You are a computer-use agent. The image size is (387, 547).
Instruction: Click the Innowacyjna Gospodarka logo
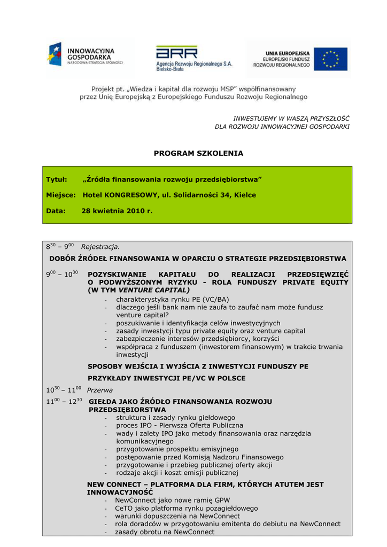pos(86,55)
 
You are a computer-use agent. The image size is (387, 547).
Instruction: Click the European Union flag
pos(330,59)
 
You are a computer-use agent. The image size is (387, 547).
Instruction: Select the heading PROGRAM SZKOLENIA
pos(198,153)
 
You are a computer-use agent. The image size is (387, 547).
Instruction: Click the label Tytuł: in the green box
pos(56,179)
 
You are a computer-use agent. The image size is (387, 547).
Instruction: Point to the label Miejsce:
pos(61,195)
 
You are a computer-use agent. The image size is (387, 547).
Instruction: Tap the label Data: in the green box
pos(56,211)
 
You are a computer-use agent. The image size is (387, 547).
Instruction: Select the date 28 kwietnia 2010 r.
pos(117,211)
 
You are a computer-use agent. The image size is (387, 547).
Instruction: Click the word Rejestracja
pos(100,247)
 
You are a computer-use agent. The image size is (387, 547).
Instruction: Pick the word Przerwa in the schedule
pos(100,390)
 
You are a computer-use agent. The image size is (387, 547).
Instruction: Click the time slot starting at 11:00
pos(64,401)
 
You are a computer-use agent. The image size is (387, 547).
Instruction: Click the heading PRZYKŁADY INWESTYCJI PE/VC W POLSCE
pos(167,378)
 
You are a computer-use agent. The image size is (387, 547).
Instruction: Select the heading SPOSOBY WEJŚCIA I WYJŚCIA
pos(198,366)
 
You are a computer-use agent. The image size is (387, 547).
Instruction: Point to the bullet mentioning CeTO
pos(187,508)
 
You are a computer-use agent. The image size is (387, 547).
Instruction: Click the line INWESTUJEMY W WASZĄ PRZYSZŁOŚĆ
pos(291,118)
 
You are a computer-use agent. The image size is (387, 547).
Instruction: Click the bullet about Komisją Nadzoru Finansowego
pos(200,457)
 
